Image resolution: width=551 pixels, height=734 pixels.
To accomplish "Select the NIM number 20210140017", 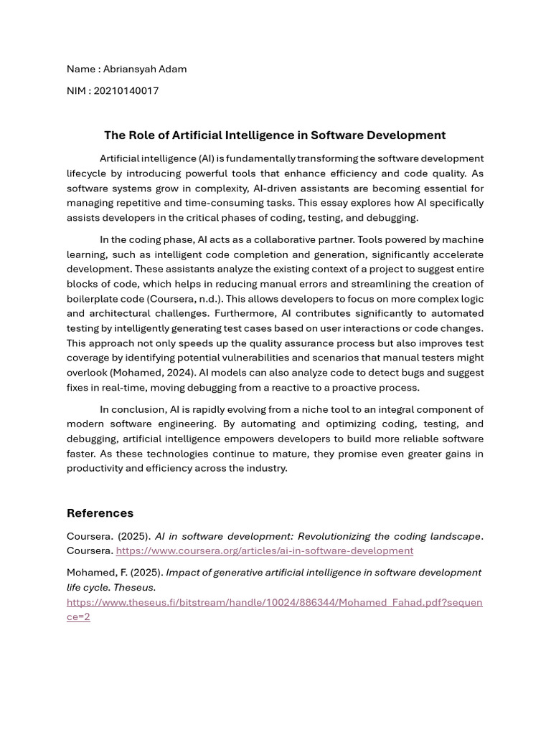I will pyautogui.click(x=126, y=90).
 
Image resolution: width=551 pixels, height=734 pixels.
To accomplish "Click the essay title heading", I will pyautogui.click(x=275, y=135).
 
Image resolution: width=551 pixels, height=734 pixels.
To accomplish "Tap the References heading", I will pyautogui.click(x=100, y=513).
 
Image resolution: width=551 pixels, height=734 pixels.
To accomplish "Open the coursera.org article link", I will pyautogui.click(x=264, y=550).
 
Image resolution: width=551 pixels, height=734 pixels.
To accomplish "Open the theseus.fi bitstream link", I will pyautogui.click(x=274, y=602).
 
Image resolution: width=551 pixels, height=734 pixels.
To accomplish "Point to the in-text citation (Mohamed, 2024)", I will pyautogui.click(x=153, y=373).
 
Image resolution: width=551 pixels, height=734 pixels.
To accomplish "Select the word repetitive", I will pyautogui.click(x=132, y=203).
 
